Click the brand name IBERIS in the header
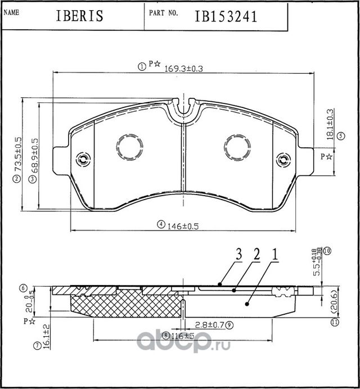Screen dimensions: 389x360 click(x=79, y=16)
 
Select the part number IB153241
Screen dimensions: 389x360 click(x=226, y=16)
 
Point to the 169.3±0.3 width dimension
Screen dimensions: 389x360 click(x=183, y=68)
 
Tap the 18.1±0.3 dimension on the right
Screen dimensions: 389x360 click(x=331, y=121)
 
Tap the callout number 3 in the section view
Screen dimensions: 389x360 click(x=238, y=255)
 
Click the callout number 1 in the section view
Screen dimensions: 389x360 click(x=275, y=255)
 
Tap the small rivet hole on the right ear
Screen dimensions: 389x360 click(x=283, y=159)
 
